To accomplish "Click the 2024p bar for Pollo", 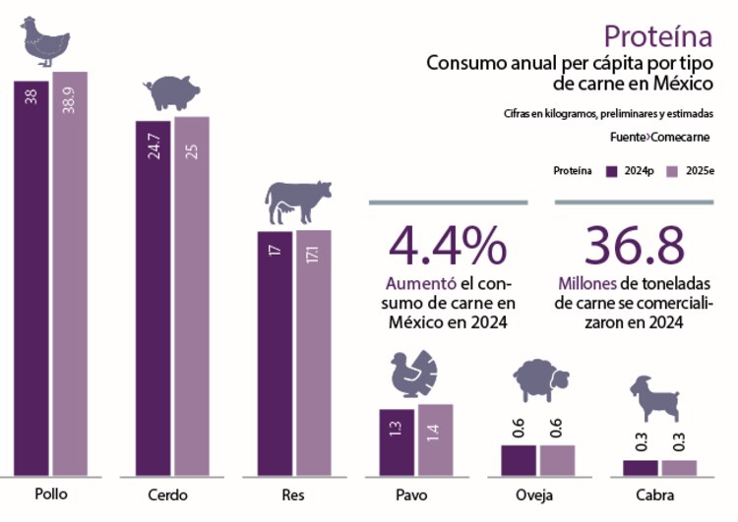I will (31, 275).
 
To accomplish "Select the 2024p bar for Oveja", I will (519, 459).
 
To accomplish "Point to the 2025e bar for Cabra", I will (679, 467).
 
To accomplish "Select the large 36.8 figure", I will (635, 246).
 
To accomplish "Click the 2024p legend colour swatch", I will (612, 170).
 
